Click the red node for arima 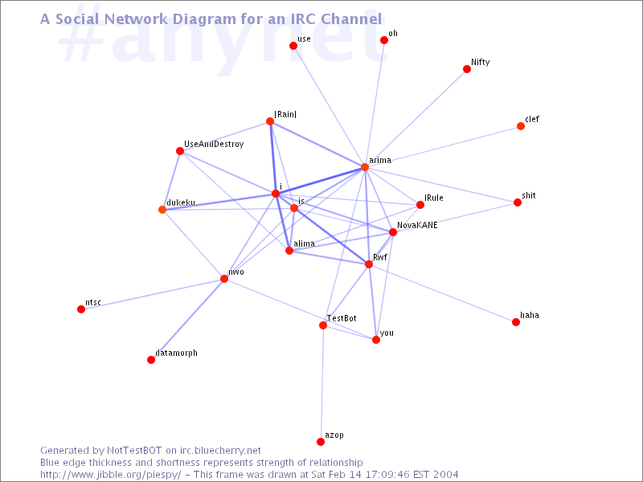click(x=365, y=167)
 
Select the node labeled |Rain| click(x=270, y=121)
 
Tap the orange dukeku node click(x=162, y=210)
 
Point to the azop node click(x=321, y=441)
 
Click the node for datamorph click(x=151, y=360)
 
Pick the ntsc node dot click(x=81, y=309)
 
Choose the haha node click(x=516, y=322)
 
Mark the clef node click(x=521, y=126)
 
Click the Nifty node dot click(x=467, y=69)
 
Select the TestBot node click(x=323, y=325)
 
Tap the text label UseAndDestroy click(x=214, y=145)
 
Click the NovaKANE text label click(x=417, y=225)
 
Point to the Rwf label click(x=380, y=257)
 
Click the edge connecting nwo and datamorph click(x=187, y=319)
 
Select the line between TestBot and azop click(x=322, y=383)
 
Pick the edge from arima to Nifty click(x=416, y=118)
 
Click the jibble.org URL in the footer click(x=110, y=475)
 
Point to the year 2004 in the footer click(x=444, y=475)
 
